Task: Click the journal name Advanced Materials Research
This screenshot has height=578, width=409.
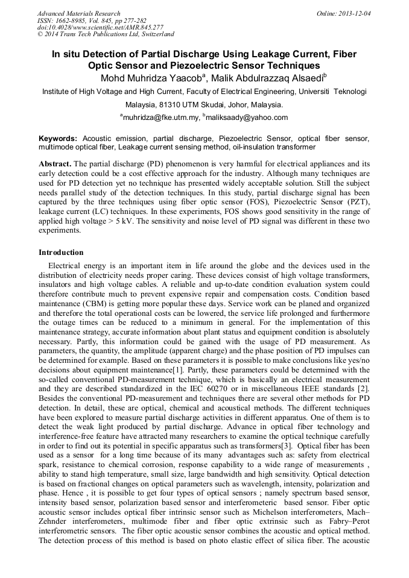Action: (x=78, y=13)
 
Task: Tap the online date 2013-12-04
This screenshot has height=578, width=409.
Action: (x=355, y=13)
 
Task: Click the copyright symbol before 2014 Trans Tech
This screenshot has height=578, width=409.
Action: (x=40, y=35)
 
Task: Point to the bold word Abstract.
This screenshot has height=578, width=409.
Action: (x=55, y=164)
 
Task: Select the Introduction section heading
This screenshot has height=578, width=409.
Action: (x=61, y=253)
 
